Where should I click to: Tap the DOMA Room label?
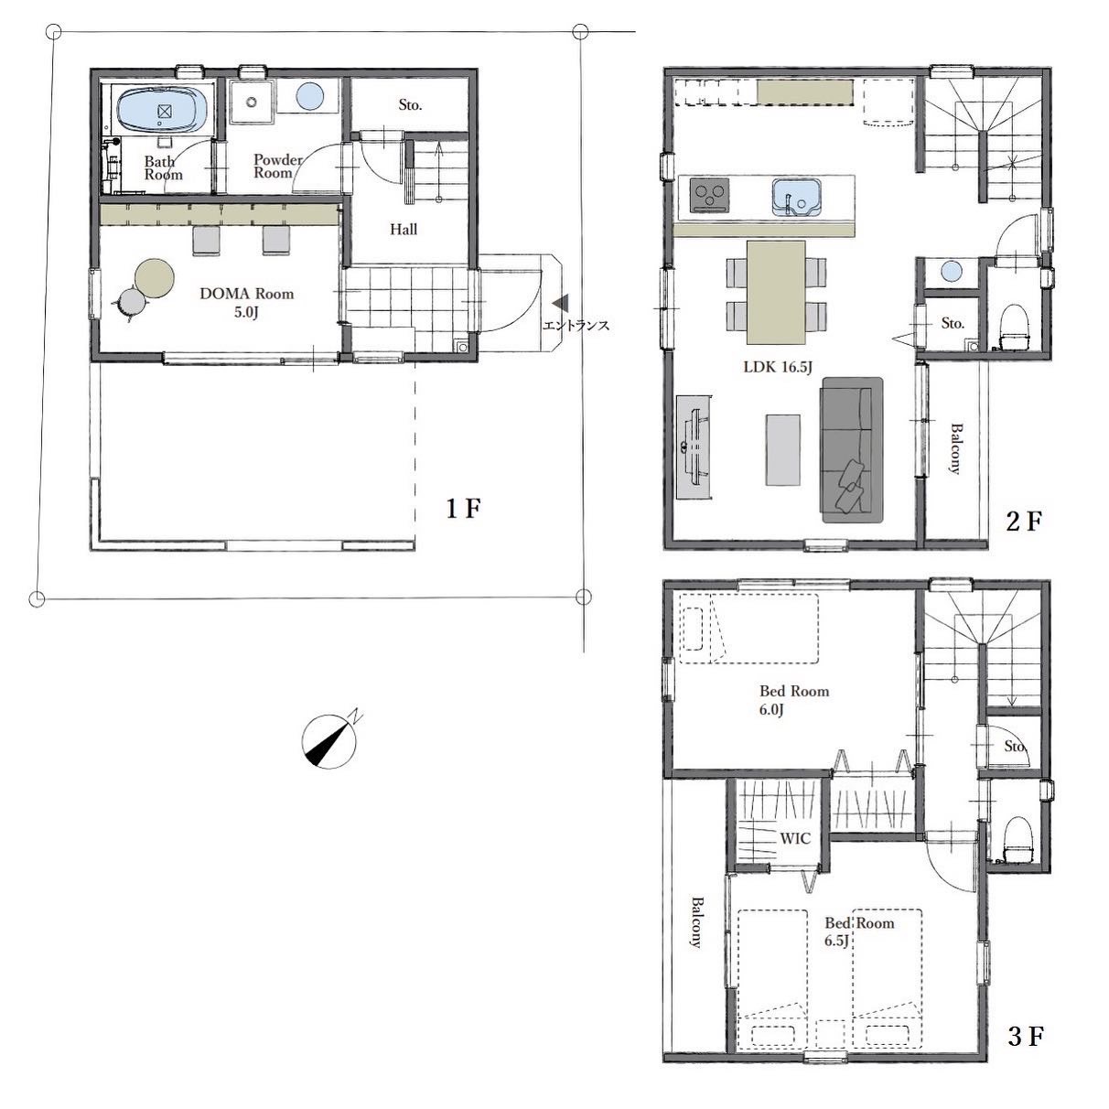pos(247,303)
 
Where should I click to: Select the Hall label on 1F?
pos(404,230)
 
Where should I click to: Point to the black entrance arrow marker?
pos(560,303)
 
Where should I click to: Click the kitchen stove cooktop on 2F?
pos(710,195)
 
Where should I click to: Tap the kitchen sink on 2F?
pos(796,197)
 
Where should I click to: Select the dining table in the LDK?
pos(776,293)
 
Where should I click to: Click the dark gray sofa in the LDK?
pos(852,450)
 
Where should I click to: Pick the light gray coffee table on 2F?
pos(782,450)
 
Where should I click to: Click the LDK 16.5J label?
pos(778,367)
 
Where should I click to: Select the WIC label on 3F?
pos(795,838)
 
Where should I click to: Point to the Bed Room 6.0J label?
pos(793,700)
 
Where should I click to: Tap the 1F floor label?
pos(463,508)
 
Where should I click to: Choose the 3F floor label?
pos(1026,1037)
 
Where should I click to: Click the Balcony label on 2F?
pos(956,448)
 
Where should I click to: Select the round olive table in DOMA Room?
pos(155,278)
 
